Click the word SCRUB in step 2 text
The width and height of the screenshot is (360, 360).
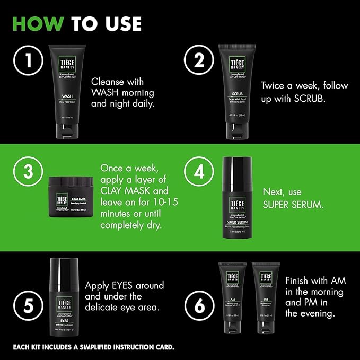click(317, 99)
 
